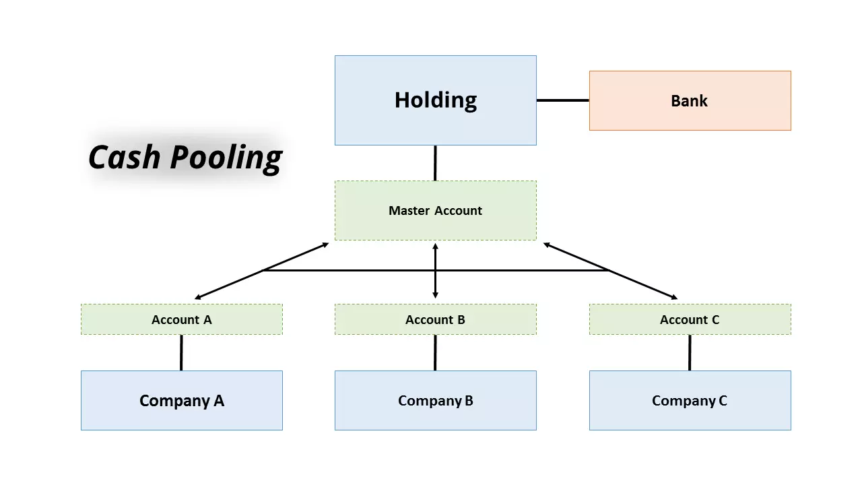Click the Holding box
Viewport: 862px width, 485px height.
[435, 100]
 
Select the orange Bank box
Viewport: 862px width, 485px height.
[690, 100]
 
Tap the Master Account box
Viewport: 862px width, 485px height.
[435, 210]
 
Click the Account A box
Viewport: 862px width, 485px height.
[181, 319]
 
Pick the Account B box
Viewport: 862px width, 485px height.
[435, 319]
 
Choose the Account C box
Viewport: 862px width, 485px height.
[690, 319]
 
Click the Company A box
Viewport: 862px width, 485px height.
[181, 400]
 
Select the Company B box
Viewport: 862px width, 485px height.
[435, 400]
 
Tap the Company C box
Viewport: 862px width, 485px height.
[690, 400]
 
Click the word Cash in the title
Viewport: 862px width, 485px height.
[125, 157]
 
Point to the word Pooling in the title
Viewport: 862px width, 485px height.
[226, 157]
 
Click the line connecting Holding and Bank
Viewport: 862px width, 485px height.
[562, 100]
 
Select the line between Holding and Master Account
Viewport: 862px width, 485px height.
[435, 163]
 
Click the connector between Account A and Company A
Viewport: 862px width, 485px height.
[181, 352]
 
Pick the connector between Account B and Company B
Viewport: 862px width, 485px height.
[435, 352]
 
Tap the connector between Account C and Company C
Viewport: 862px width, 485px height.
[690, 352]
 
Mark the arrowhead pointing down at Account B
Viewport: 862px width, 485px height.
[435, 294]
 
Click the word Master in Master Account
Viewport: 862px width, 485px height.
[409, 210]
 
